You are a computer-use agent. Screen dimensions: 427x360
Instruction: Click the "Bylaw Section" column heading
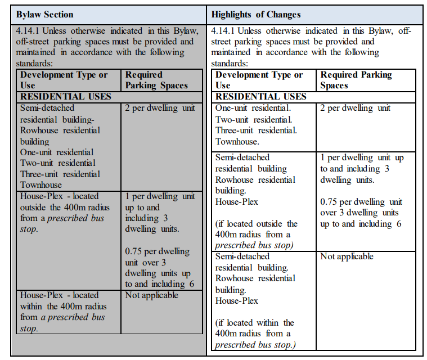pos(44,15)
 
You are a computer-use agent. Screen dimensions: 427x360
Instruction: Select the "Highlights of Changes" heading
pos(256,15)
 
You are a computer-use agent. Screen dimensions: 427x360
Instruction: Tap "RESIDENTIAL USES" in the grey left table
pos(66,96)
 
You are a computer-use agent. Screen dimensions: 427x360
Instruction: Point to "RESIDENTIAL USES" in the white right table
pos(261,96)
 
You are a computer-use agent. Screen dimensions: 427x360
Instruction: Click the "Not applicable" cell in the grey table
pos(152,295)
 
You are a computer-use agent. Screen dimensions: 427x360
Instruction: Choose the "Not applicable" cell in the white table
pos(347,256)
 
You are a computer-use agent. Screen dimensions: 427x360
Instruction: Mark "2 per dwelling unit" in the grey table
pos(160,108)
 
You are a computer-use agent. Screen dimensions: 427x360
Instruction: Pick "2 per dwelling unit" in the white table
pos(355,108)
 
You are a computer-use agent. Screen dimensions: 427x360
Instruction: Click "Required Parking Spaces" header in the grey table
pos(156,80)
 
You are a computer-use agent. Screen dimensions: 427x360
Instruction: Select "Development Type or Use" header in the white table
pos(259,80)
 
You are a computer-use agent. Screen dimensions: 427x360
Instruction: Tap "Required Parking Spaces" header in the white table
pos(356,80)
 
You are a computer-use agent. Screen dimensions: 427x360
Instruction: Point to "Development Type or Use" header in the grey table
pos(64,80)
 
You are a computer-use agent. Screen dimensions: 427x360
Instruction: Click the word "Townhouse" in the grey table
pos(41,184)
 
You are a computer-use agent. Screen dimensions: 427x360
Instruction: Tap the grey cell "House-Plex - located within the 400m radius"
pos(63,312)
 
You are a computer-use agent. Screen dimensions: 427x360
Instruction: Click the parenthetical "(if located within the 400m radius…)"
pos(254,334)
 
